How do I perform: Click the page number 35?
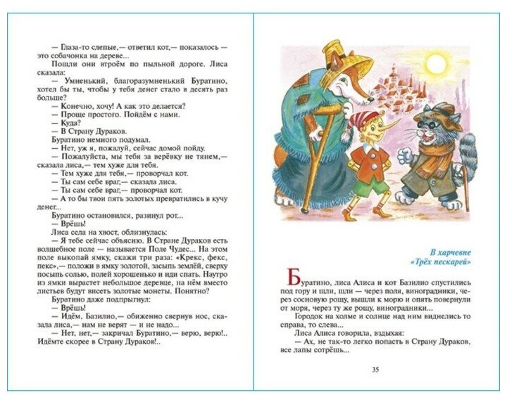pyautogui.click(x=375, y=370)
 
